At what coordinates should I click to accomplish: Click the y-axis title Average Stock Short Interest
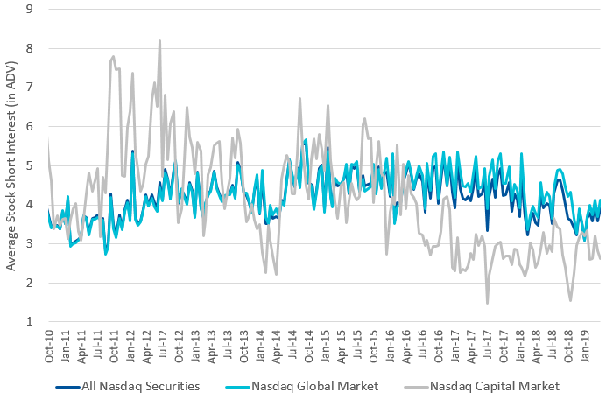[11, 166]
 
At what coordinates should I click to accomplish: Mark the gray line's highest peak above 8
[159, 40]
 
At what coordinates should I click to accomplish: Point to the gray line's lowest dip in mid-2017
[487, 303]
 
